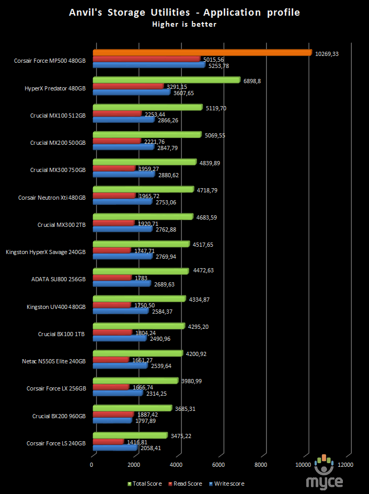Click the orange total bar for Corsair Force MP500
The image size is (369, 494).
[202, 53]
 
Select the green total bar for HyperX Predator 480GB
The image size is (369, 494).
[167, 80]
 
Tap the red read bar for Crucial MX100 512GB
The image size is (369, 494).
[117, 113]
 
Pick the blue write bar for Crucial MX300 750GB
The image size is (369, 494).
[124, 174]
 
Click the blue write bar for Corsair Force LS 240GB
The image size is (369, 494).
[116, 447]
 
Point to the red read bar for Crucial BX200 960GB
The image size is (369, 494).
[113, 415]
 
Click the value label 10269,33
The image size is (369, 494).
[327, 54]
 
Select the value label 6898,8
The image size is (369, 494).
[252, 81]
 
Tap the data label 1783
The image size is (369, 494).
[141, 278]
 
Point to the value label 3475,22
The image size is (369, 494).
[181, 436]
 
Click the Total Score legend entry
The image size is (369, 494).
[145, 484]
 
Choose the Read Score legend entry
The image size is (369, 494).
[186, 484]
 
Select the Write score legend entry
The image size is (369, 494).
[226, 484]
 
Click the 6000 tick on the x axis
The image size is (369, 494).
[218, 465]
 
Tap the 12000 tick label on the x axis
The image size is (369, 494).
[345, 465]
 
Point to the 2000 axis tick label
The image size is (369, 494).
[134, 465]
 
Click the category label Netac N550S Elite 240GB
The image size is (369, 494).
[53, 361]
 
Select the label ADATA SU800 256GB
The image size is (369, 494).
[59, 279]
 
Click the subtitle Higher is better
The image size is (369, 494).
[184, 24]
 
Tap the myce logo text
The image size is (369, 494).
[324, 482]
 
